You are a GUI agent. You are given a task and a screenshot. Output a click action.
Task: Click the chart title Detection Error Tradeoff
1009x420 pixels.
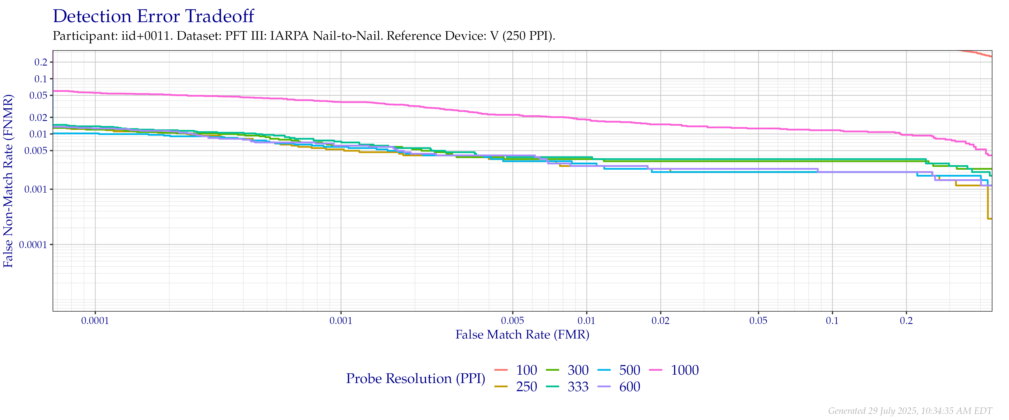[154, 17]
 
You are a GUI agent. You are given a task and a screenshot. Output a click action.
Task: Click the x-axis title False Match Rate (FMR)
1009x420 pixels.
[522, 335]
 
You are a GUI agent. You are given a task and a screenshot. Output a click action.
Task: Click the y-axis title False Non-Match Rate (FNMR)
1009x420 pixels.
[9, 181]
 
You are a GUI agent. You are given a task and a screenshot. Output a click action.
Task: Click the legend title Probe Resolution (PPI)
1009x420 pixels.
[416, 379]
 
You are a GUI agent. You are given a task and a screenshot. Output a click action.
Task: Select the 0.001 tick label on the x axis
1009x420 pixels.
[341, 321]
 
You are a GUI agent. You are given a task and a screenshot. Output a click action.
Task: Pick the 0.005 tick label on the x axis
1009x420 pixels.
[512, 321]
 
